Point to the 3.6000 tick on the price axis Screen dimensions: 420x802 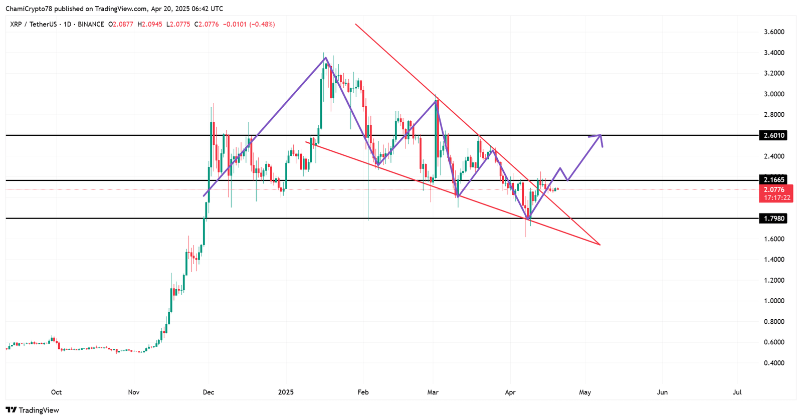coord(774,32)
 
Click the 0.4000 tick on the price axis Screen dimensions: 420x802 coord(774,363)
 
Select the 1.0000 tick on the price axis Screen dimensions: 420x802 coord(774,301)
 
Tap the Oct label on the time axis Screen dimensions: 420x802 coord(57,392)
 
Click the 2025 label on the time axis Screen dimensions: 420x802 coord(286,392)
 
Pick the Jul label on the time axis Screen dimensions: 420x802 coord(737,392)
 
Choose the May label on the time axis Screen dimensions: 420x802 coord(585,392)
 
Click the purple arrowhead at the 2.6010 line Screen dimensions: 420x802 coord(600,136)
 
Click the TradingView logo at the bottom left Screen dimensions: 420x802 coord(33,410)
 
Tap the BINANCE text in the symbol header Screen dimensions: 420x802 coord(91,24)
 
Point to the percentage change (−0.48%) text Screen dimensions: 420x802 coord(262,24)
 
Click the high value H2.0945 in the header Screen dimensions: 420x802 coord(150,24)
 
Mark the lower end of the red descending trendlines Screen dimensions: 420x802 coord(599,245)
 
